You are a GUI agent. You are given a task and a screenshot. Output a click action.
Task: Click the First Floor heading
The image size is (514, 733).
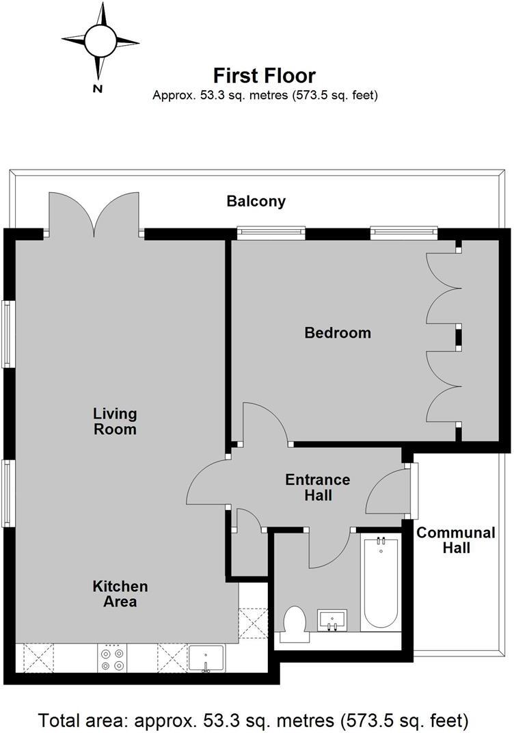(x=265, y=75)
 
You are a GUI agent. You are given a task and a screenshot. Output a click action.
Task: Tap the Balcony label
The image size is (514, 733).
(x=256, y=202)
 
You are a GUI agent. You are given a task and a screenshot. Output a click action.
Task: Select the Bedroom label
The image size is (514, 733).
(x=338, y=333)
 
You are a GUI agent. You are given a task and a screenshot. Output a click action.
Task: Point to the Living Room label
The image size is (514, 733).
(x=115, y=422)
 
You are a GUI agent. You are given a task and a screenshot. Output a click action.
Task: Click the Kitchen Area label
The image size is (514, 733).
(x=120, y=594)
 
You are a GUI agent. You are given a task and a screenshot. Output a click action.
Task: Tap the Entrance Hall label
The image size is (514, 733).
(x=317, y=487)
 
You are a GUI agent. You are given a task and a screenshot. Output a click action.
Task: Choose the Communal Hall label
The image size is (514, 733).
(x=446, y=540)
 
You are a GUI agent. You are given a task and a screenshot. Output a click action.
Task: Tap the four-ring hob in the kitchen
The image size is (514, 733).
(x=112, y=658)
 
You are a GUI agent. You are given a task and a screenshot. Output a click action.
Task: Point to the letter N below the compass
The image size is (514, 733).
(x=98, y=88)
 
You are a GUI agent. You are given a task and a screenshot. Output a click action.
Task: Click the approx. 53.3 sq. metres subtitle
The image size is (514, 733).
(x=265, y=95)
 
